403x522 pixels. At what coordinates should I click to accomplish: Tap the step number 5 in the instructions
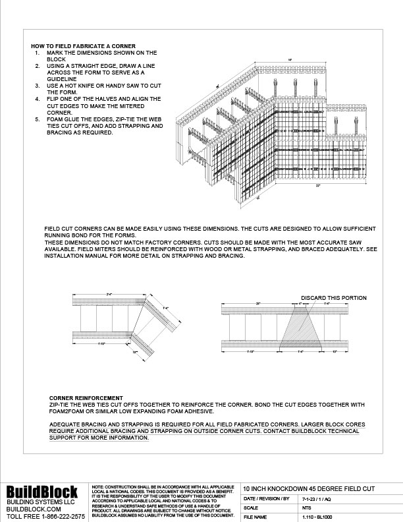point(37,119)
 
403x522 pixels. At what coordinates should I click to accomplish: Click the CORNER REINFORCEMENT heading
point(86,398)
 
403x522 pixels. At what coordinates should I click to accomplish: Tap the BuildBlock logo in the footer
point(42,492)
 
